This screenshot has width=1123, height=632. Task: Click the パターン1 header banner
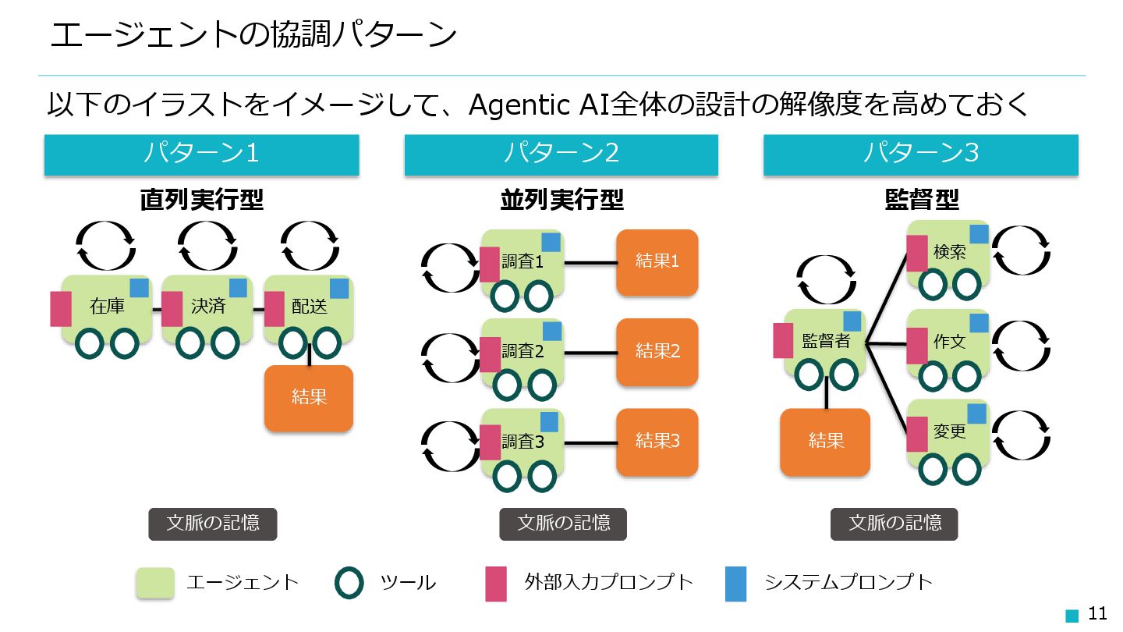tap(201, 154)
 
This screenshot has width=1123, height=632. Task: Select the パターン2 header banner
tap(561, 154)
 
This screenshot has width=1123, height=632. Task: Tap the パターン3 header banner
tap(920, 154)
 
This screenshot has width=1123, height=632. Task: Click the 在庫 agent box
tap(106, 307)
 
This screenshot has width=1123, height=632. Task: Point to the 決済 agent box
tap(207, 307)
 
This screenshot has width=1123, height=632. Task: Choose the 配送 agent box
tap(309, 307)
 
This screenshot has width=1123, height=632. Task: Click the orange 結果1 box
tap(657, 262)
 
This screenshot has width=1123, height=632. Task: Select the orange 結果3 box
tap(657, 442)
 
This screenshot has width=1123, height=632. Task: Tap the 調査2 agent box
tap(523, 352)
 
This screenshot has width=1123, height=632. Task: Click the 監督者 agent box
tap(825, 342)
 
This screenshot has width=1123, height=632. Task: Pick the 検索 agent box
tap(948, 253)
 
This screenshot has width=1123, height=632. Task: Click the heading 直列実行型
tap(202, 201)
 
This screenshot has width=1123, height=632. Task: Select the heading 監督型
tap(921, 201)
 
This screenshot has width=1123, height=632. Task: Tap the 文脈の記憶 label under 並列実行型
tap(563, 524)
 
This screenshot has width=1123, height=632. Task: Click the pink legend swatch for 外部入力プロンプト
tap(496, 584)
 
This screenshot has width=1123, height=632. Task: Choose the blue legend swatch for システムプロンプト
tap(735, 584)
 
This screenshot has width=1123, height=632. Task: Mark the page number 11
tap(1097, 613)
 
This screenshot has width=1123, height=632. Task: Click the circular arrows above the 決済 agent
tap(207, 246)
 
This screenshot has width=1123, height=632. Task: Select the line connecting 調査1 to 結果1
tap(590, 262)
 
